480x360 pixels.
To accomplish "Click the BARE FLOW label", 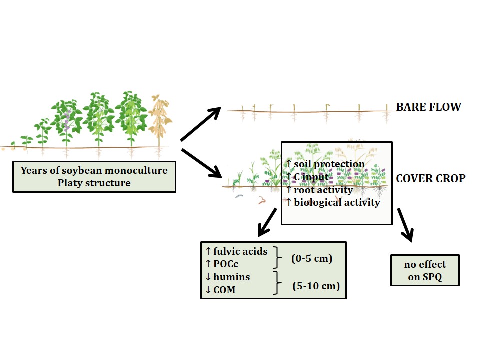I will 428,107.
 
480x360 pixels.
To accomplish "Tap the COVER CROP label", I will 430,178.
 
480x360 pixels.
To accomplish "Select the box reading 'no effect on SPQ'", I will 425,271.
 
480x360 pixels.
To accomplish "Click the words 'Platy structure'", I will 94,183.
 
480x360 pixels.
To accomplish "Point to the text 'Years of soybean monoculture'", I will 94,170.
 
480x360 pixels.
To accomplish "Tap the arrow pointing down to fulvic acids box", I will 268,222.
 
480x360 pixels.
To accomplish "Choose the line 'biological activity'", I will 337,202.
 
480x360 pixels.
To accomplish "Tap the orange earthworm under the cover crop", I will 262,201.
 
